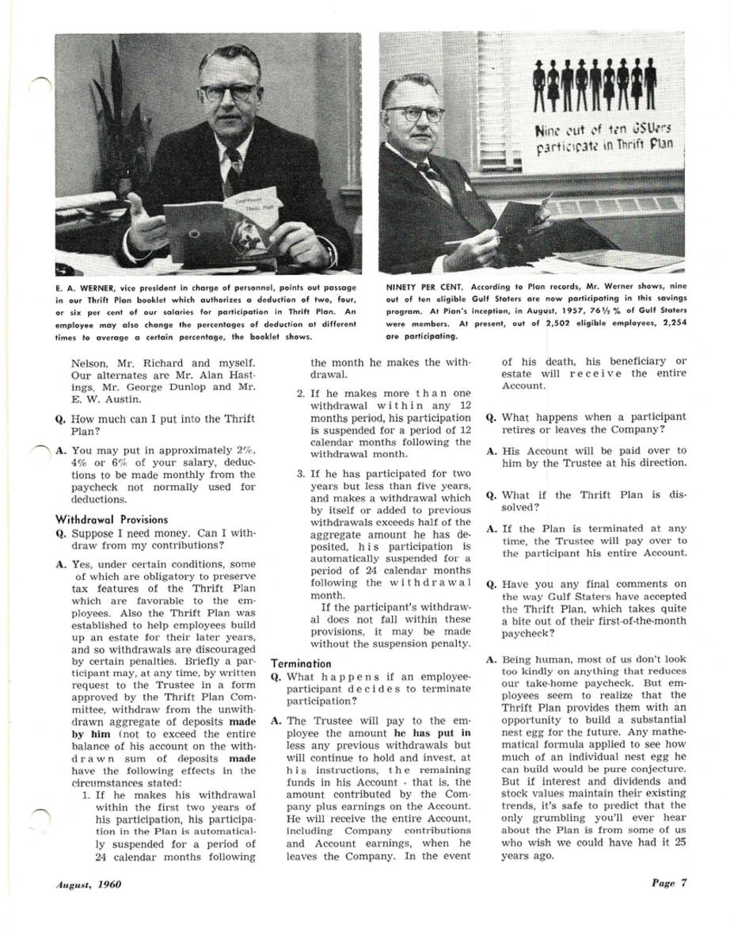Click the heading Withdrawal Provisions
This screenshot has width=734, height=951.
[x=101, y=520]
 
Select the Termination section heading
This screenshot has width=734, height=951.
[x=301, y=663]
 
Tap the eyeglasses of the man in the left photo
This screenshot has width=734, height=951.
[x=228, y=91]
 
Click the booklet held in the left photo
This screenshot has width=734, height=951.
[x=221, y=223]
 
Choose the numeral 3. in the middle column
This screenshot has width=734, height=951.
[x=302, y=473]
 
